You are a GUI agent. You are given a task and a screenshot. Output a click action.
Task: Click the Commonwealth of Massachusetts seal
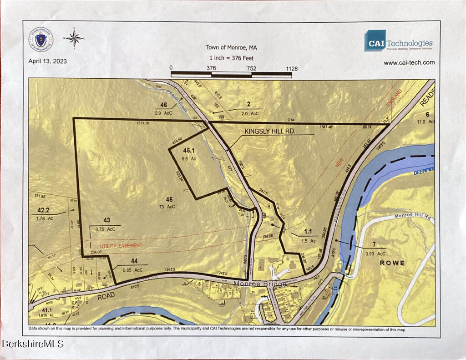[x=41, y=40]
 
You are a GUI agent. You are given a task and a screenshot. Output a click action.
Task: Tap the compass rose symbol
[x=73, y=39]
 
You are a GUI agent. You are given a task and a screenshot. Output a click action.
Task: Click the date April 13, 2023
[x=48, y=61]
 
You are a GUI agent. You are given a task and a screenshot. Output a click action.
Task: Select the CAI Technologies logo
[x=398, y=41]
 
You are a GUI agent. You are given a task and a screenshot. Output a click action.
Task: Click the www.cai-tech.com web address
[x=409, y=63]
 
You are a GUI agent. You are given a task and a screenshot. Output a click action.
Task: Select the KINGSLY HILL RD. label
[x=270, y=131]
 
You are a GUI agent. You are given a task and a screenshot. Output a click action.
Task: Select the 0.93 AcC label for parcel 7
[x=375, y=253]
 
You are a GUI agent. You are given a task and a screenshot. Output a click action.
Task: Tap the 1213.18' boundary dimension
[x=142, y=123]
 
